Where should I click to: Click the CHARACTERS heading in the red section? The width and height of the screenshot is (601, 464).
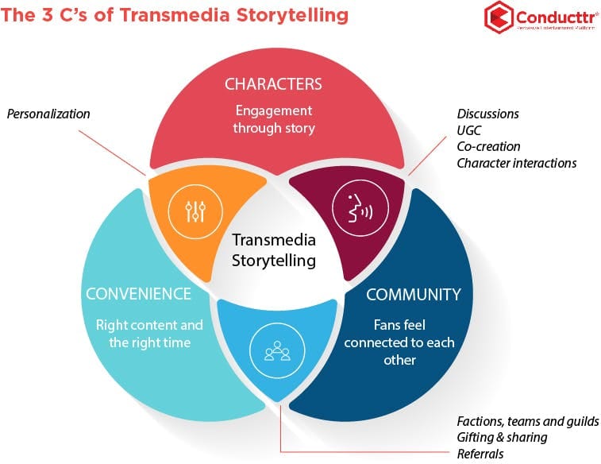(x=273, y=84)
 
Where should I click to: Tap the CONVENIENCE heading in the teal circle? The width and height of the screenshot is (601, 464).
(x=139, y=294)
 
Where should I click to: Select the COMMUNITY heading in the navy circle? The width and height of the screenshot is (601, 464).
(x=413, y=294)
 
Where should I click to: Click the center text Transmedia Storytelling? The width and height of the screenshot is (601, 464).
(x=273, y=249)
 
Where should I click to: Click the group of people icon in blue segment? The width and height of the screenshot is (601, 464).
(x=274, y=349)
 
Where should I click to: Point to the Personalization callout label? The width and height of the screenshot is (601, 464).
(x=48, y=114)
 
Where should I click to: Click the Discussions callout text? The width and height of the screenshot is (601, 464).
(x=487, y=114)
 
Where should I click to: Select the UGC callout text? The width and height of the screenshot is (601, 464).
(x=468, y=130)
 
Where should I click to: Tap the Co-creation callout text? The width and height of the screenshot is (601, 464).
(x=488, y=147)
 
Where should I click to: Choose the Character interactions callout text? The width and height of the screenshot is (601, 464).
(x=516, y=163)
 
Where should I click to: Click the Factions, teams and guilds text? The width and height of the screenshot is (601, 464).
(x=528, y=421)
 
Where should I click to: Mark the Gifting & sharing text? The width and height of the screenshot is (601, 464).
(x=502, y=438)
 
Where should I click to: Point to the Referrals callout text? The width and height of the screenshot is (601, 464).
(x=480, y=454)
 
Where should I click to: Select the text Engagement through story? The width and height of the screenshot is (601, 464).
(x=273, y=119)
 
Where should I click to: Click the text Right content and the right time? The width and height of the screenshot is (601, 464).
(x=149, y=333)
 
